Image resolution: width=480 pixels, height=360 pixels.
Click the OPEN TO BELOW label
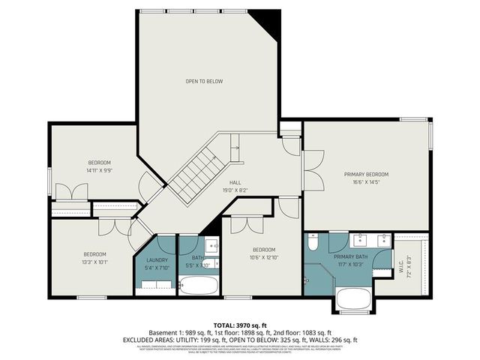point(204,81)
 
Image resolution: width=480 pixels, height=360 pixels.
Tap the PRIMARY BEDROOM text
point(367,175)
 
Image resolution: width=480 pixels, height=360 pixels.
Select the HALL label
point(235,182)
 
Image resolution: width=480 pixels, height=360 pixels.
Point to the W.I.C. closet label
point(409,262)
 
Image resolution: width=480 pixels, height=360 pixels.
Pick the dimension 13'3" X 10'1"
point(94,262)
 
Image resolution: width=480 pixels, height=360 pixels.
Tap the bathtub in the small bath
point(198,285)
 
